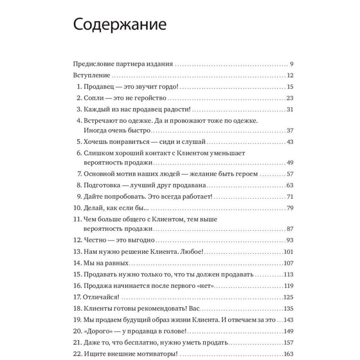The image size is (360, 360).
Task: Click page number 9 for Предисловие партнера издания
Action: (292, 64)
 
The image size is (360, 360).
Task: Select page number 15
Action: (290, 87)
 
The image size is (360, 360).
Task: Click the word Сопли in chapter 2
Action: (93, 98)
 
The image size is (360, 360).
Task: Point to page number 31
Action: (290, 110)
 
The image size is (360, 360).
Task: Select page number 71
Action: (290, 197)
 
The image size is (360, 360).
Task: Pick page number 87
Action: (290, 229)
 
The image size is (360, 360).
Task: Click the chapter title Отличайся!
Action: (102, 297)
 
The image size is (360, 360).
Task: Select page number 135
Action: (288, 309)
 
